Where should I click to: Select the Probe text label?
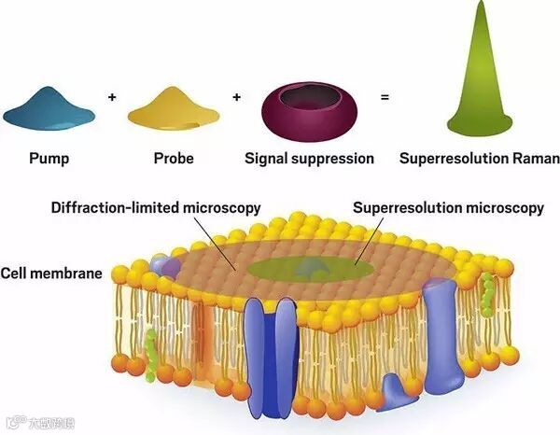[174, 159]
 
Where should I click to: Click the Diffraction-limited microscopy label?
[155, 208]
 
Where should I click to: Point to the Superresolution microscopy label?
[449, 208]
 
